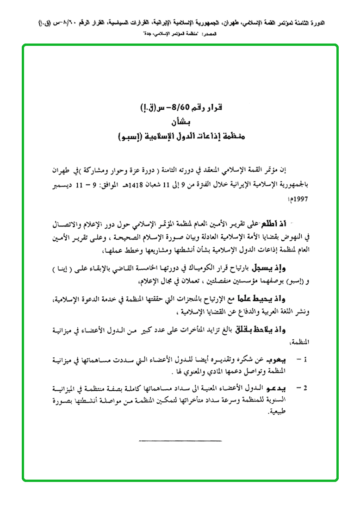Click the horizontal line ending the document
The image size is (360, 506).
[x=180, y=440]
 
